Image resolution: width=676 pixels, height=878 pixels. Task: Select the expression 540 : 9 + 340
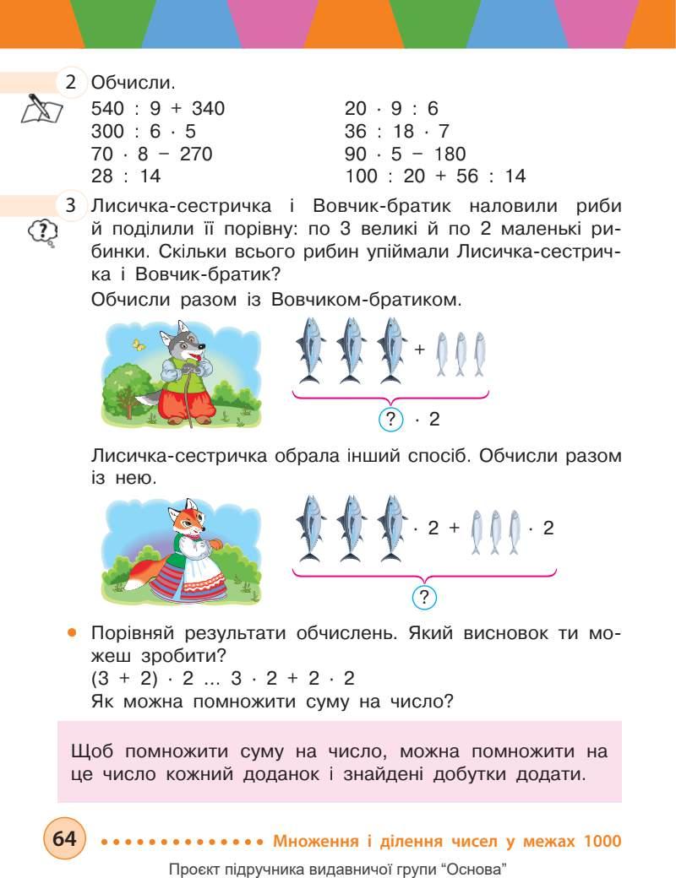click(x=157, y=108)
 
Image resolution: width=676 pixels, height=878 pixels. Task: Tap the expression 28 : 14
click(x=125, y=176)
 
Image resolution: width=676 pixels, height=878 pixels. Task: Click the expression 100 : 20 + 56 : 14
click(x=435, y=176)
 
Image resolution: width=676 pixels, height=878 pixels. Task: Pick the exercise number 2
click(x=71, y=83)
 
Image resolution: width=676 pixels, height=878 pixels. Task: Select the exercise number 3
click(x=71, y=206)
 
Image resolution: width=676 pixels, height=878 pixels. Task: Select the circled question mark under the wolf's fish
click(x=390, y=419)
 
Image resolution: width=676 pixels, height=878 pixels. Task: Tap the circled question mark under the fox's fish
click(x=424, y=598)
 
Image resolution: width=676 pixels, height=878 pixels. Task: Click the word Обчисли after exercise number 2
click(x=134, y=84)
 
